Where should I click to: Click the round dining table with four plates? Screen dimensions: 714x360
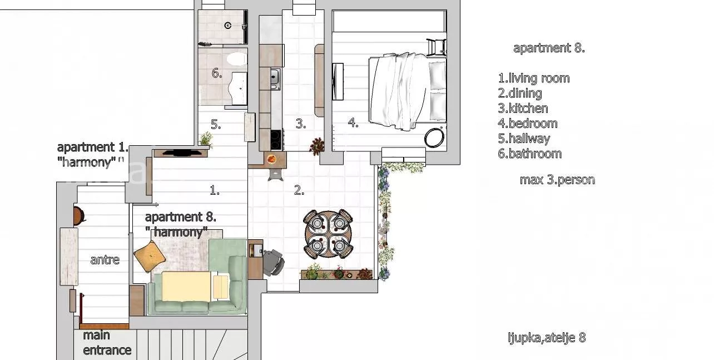point(328,234)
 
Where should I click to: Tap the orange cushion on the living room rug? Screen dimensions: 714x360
point(150,256)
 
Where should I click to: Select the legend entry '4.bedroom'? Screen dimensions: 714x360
point(528,124)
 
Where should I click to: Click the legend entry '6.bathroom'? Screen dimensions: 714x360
point(529,154)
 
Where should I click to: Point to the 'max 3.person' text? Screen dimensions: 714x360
point(557,180)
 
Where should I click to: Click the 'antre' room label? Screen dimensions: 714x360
point(105,260)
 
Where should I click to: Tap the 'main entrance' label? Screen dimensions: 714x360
point(107,343)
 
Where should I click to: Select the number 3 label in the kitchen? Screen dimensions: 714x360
point(301,124)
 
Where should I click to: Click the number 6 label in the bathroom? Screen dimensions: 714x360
point(217,73)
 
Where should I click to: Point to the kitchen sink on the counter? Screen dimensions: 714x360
point(275,77)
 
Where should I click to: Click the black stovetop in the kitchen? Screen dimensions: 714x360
point(276,139)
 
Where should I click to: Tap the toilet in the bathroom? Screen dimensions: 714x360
point(237,59)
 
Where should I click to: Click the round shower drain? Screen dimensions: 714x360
point(228,26)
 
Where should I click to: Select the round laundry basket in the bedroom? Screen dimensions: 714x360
point(434,138)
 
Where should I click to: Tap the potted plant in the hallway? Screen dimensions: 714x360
point(206,139)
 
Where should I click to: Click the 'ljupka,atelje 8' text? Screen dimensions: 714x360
point(547,338)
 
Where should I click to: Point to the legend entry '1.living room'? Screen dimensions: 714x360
point(534,78)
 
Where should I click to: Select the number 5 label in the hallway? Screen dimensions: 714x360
point(216,124)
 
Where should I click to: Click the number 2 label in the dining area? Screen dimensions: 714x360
point(299,190)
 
